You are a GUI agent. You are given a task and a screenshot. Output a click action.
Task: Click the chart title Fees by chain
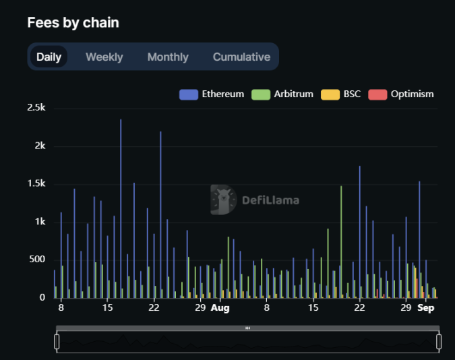tap(73, 22)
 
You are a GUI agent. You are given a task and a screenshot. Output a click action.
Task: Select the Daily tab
tap(49, 57)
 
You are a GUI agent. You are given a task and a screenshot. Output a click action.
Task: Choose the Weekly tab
tap(104, 57)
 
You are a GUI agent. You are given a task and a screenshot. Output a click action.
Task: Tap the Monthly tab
tap(168, 57)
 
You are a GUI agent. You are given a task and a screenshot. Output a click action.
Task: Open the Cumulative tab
tap(241, 57)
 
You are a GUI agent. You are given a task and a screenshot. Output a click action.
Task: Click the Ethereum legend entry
tap(212, 94)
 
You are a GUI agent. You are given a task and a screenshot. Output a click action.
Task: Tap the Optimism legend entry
tap(401, 94)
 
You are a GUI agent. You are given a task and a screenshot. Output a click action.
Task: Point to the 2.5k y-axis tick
tap(36, 108)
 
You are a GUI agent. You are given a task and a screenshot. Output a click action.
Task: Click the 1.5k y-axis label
tap(36, 184)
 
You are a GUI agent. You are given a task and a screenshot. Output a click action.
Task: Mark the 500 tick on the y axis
tap(37, 260)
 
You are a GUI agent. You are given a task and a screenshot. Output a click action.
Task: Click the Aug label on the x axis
tap(220, 308)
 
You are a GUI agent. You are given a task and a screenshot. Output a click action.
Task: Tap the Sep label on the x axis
tap(426, 308)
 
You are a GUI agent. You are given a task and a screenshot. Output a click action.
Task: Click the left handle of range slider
tap(57, 342)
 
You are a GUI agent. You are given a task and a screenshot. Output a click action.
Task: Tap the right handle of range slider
tap(439, 342)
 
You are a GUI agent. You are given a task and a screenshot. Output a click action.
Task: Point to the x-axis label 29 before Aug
tap(200, 308)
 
